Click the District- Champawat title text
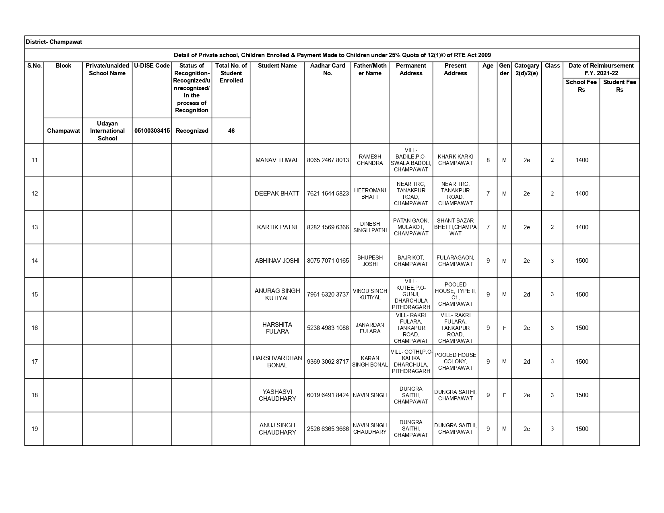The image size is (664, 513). tap(54, 42)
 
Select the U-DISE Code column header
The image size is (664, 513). tap(152, 66)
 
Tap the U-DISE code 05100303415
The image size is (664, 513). tap(152, 131)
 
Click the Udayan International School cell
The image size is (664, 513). tap(107, 131)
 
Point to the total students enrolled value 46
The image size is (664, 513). tap(231, 131)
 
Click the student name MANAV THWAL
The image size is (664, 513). tap(277, 160)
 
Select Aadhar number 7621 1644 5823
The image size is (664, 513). tap(328, 194)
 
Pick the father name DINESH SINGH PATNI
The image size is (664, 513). tap(370, 227)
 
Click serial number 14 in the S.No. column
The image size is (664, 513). tap(35, 261)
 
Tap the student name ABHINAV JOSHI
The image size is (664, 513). tap(277, 261)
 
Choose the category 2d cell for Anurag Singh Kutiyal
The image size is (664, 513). tap(526, 295)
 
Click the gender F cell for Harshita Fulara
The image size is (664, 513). tap(504, 328)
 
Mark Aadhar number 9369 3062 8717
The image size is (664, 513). tap(328, 362)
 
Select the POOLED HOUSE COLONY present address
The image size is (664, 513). tap(455, 361)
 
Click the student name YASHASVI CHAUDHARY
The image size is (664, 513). tap(277, 395)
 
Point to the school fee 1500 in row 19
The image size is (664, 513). tap(582, 429)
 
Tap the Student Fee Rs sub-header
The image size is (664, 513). tap(619, 86)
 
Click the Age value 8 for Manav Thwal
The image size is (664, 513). tap(488, 160)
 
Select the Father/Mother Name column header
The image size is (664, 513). tap(370, 69)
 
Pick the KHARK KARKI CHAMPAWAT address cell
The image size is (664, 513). tap(455, 160)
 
